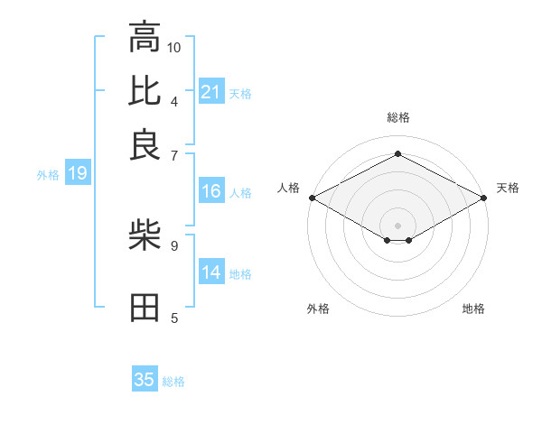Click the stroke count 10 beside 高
174,46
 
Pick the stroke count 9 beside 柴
173,244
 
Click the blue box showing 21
210,92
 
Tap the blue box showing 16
210,191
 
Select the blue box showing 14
210,272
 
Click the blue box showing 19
77,174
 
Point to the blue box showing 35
145,380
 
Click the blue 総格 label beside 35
174,382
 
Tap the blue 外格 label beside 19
48,175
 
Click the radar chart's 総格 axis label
397,117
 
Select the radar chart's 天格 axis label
509,188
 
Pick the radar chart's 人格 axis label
288,188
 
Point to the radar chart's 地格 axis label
473,309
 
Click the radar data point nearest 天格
485,198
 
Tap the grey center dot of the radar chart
397,225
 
